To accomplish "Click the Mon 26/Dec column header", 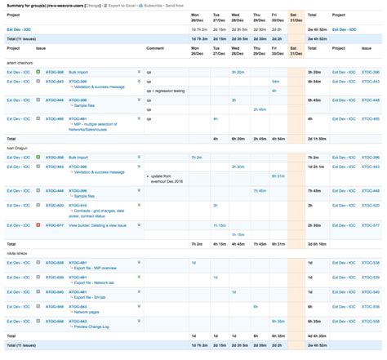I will click(198, 16).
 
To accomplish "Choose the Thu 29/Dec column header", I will click(257, 16).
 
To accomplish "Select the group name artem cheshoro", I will click(22, 62).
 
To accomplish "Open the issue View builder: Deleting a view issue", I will click(102, 224).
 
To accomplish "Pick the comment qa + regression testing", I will click(167, 91).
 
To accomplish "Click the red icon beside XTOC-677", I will click(38, 224).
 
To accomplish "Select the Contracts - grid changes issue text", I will click(98, 210).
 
